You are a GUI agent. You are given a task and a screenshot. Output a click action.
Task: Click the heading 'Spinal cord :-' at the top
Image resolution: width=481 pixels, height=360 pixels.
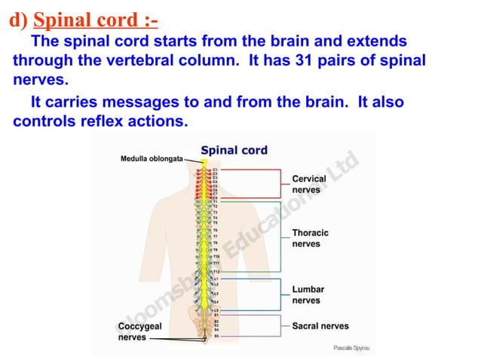96,18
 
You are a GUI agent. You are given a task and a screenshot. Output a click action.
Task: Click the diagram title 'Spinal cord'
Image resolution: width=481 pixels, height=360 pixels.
234,150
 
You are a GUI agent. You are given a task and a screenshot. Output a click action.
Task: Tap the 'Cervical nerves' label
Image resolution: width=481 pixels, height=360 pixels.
309,185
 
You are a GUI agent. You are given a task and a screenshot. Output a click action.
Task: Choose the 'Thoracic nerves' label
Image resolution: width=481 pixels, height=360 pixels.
310,239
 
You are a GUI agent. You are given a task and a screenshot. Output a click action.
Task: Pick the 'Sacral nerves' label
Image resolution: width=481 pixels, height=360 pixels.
320,325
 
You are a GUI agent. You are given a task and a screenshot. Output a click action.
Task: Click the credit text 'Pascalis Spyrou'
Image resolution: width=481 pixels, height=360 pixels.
351,348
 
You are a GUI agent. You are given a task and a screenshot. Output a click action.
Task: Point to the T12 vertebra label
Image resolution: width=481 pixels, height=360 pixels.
216,271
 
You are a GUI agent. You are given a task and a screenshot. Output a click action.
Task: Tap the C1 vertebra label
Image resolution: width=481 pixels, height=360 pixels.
215,171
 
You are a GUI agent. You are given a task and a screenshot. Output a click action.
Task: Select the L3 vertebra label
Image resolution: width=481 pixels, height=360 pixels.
216,293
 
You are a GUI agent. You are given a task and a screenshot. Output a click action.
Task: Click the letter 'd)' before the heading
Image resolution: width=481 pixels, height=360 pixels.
17,18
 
